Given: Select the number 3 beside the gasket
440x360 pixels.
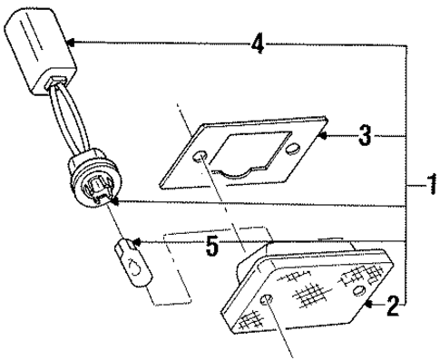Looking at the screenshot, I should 363,137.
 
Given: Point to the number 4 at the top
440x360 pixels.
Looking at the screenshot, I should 259,42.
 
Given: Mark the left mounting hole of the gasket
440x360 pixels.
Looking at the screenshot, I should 198,157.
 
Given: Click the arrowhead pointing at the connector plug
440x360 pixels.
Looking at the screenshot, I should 69,42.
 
